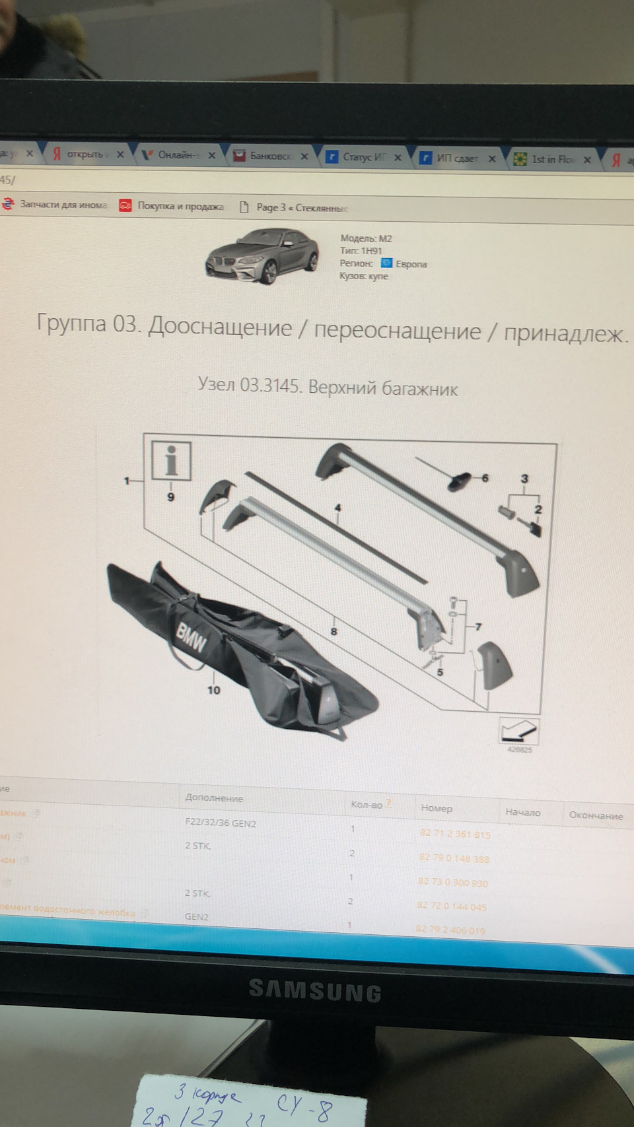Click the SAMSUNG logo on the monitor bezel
tap(315, 991)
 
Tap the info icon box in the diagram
tap(171, 460)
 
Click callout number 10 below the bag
tap(213, 690)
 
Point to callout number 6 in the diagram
tap(485, 477)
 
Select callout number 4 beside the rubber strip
tap(337, 508)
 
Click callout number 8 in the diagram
tap(334, 631)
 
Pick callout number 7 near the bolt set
tap(478, 627)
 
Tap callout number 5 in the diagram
tap(440, 672)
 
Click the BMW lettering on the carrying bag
tap(191, 636)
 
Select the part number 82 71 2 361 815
tap(455, 834)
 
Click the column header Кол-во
tap(367, 804)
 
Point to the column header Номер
tap(437, 807)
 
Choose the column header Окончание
tap(596, 815)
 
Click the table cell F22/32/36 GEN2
tap(221, 823)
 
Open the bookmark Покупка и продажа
tap(180, 206)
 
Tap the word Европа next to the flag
tap(411, 264)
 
